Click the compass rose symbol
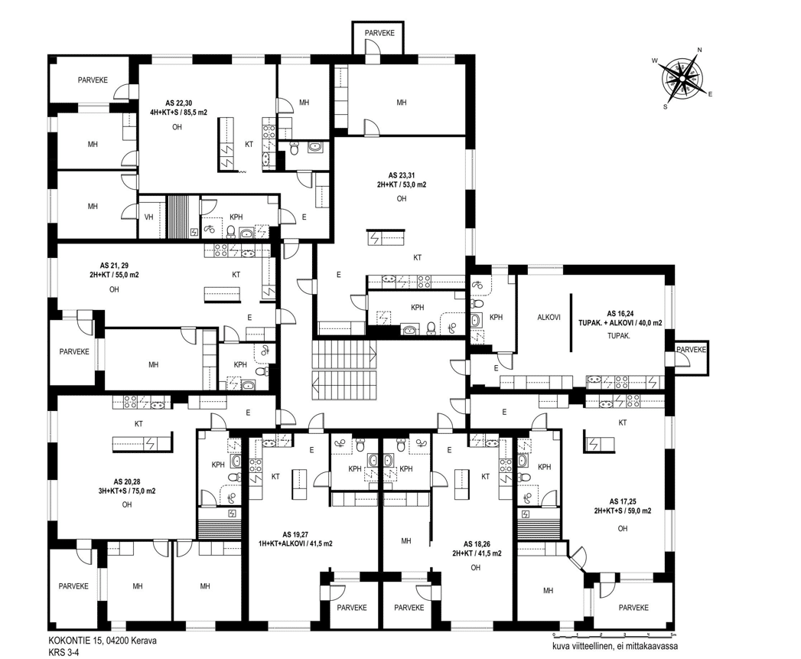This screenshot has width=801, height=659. [682, 78]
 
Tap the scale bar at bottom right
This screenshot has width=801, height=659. [614, 635]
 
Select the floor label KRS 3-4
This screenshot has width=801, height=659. [63, 652]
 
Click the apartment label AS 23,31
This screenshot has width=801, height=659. [402, 175]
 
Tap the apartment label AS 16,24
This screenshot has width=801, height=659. [620, 313]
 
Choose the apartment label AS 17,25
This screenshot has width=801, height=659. [622, 501]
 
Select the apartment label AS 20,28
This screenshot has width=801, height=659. [127, 481]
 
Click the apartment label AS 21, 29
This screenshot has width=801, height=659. [114, 266]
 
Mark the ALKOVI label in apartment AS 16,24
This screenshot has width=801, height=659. [549, 317]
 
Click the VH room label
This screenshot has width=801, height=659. [148, 217]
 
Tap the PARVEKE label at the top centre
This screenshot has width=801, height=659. [379, 33]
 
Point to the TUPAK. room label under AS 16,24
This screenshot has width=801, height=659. [619, 336]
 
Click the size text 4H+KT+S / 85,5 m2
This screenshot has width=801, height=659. [179, 113]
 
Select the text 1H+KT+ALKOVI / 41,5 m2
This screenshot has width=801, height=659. [296, 543]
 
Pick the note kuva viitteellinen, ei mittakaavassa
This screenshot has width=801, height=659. [615, 646]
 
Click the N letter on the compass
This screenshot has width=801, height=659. [700, 50]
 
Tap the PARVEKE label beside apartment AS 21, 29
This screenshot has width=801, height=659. [74, 352]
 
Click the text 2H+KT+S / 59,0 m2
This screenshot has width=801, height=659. [622, 511]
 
